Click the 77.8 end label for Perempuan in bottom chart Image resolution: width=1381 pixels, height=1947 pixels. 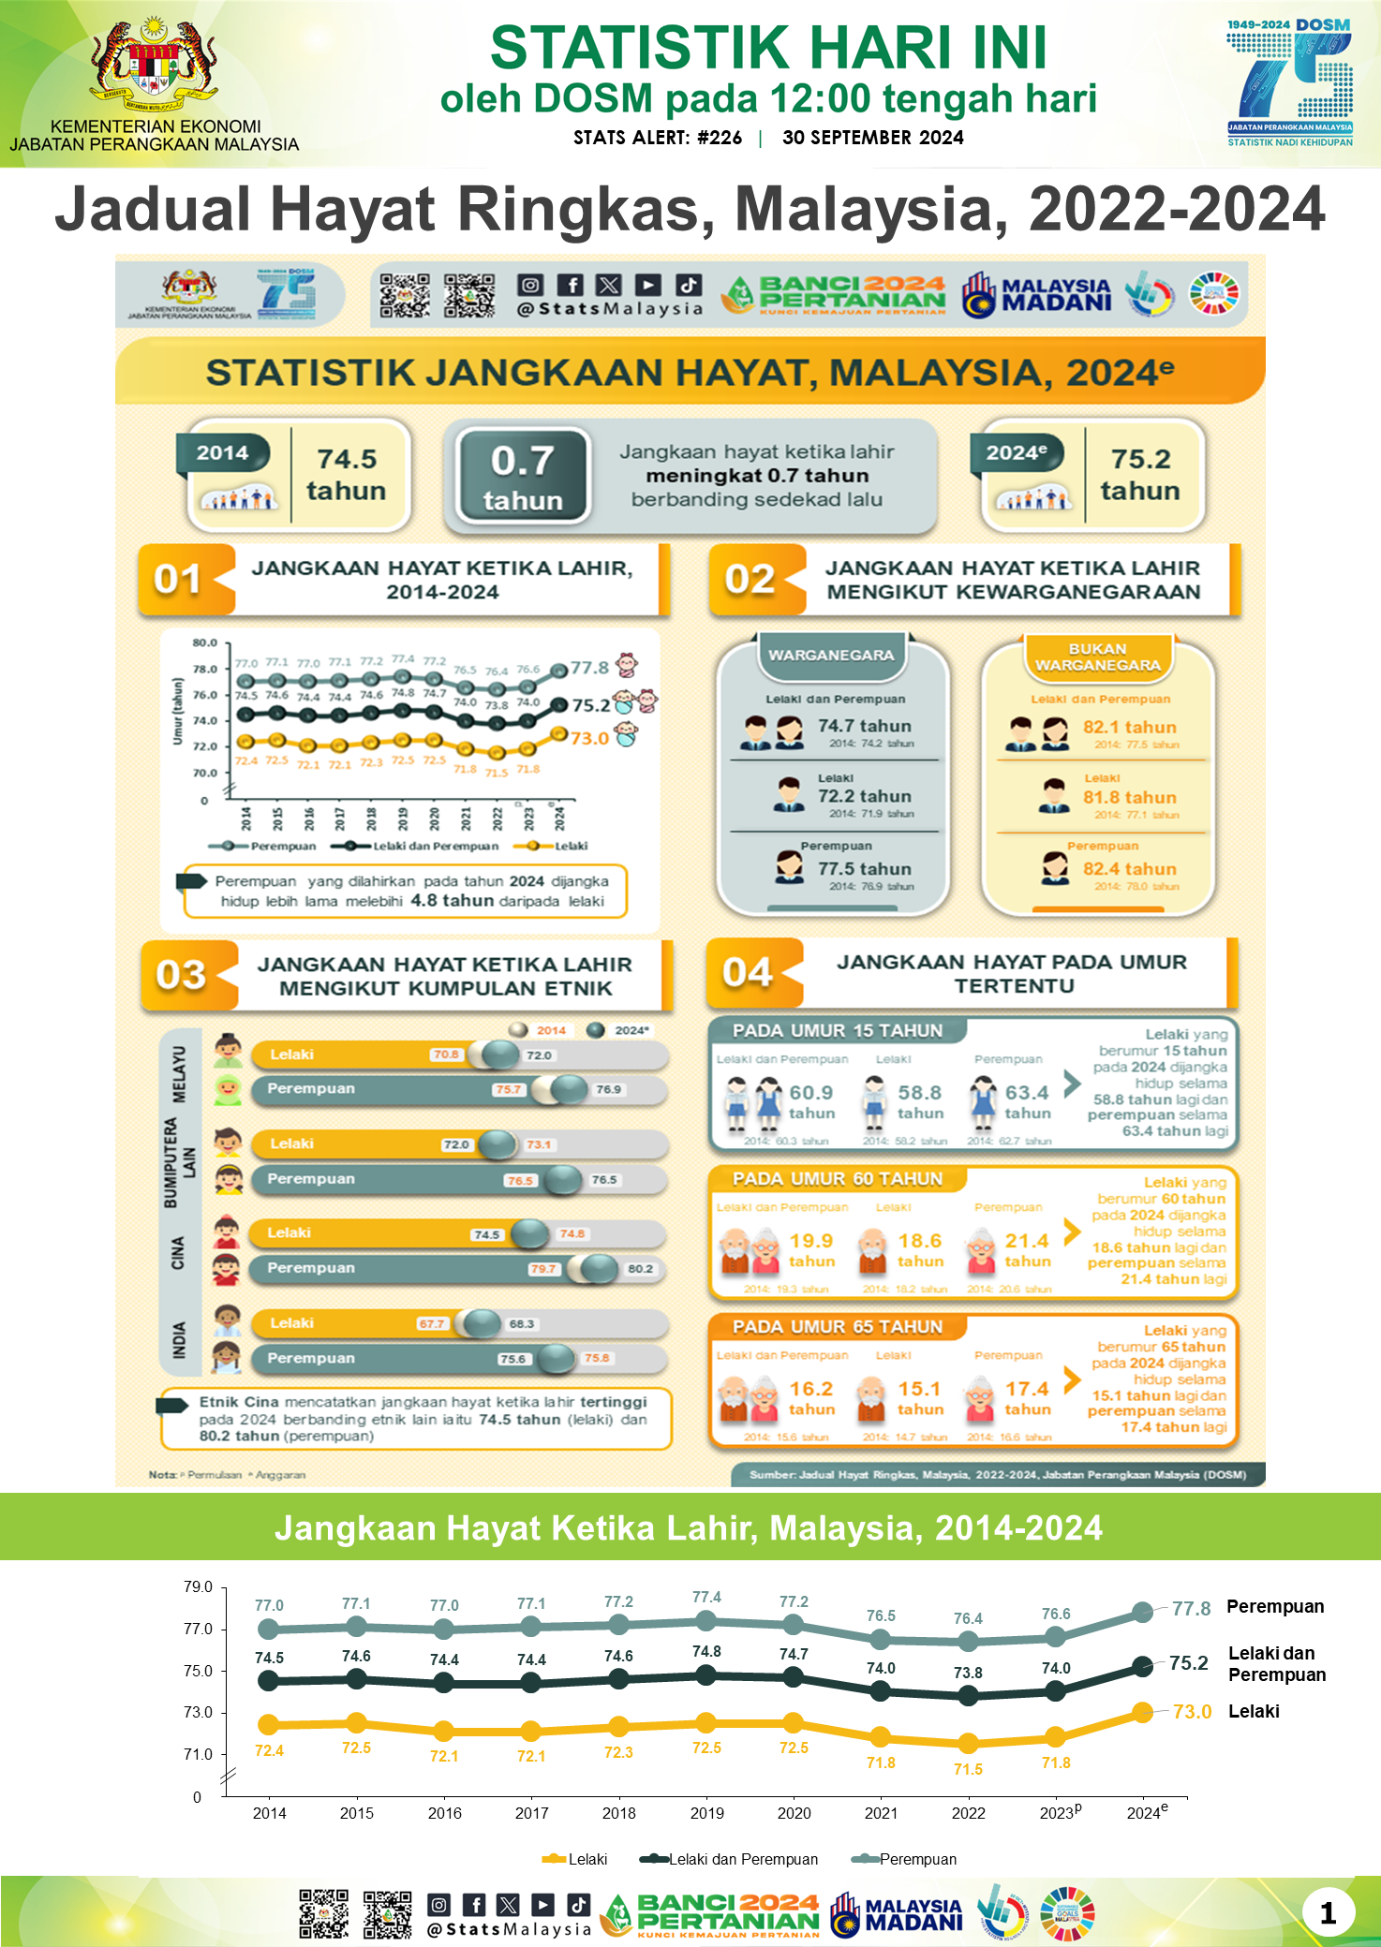coord(1191,1609)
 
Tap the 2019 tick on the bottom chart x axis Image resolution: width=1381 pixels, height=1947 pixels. coord(706,1813)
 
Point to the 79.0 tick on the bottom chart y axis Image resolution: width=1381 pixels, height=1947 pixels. coord(198,1586)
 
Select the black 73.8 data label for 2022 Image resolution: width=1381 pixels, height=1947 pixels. coord(968,1673)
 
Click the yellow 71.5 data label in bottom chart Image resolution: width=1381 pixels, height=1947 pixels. coord(968,1769)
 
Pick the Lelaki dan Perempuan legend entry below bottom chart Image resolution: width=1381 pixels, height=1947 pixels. coord(742,1859)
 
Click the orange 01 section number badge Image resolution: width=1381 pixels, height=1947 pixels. coord(178,580)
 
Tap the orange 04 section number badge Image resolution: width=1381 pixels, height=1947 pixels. coord(748,973)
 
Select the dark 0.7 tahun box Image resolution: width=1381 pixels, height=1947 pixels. coord(523,477)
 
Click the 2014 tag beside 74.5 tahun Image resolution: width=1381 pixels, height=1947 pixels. coord(223,453)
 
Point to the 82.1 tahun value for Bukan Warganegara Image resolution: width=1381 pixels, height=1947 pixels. coord(1129,728)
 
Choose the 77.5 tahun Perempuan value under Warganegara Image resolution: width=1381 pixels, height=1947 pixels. coord(864,869)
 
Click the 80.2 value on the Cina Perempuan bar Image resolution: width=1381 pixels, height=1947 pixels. coord(641,1269)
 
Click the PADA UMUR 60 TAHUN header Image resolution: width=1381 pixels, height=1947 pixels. coord(837,1179)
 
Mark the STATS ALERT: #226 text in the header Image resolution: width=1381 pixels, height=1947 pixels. coord(658,138)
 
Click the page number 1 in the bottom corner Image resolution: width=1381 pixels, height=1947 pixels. coord(1328,1912)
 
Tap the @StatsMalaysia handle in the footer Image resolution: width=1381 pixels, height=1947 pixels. coord(509,1929)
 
